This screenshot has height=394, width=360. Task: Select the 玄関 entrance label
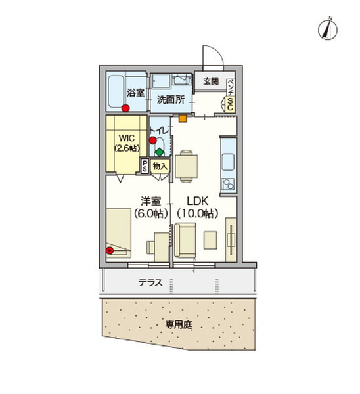211,81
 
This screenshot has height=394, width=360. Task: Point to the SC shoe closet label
231,102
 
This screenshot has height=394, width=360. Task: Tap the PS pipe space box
145,167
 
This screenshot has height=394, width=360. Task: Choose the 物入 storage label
160,167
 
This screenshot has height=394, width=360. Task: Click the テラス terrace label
150,284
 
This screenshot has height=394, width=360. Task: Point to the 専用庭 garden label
178,324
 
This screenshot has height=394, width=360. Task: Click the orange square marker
182,120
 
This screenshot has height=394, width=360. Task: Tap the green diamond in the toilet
159,152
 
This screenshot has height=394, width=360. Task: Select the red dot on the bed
110,250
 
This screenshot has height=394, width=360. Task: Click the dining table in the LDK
187,165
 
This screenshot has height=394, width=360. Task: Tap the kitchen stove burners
229,184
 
